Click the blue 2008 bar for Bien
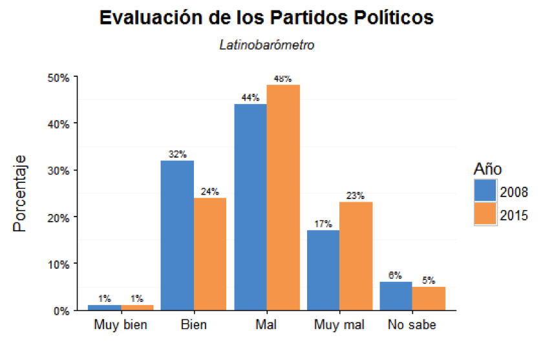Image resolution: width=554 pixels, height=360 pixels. (177, 235)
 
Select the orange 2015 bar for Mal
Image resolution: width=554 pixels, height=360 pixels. (283, 197)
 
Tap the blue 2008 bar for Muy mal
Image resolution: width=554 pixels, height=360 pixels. (323, 270)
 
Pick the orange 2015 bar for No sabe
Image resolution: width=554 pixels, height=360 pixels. (429, 298)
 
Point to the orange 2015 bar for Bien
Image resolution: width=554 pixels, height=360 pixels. (210, 254)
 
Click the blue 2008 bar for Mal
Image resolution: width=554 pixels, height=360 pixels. (251, 207)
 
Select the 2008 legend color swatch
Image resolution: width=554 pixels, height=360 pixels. (485, 191)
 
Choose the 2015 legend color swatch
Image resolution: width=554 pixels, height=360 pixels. (485, 214)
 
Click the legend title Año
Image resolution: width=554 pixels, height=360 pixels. (488, 169)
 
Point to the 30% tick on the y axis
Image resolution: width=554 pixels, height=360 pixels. (76, 170)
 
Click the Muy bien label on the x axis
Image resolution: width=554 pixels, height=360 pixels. (121, 324)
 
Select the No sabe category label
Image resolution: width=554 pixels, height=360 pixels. (412, 324)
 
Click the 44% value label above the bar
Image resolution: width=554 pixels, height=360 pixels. (250, 98)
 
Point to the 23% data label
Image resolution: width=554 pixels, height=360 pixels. (356, 196)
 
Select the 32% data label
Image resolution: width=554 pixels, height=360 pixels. (177, 154)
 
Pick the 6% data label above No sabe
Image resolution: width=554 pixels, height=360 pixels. (395, 275)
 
